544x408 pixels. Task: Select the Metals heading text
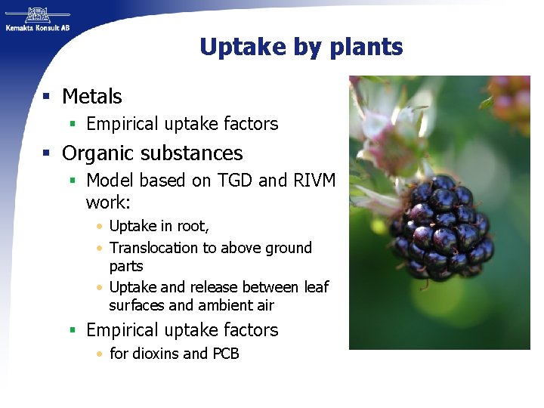(x=91, y=97)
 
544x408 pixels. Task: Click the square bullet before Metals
(x=47, y=97)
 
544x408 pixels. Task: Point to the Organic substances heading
(x=152, y=153)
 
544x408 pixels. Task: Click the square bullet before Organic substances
(x=47, y=153)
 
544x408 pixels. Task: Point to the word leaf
(x=316, y=287)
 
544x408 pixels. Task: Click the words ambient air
(x=236, y=305)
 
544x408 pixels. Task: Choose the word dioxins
(x=155, y=354)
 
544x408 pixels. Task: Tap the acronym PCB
(x=225, y=354)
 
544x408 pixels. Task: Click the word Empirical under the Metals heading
(x=122, y=124)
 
